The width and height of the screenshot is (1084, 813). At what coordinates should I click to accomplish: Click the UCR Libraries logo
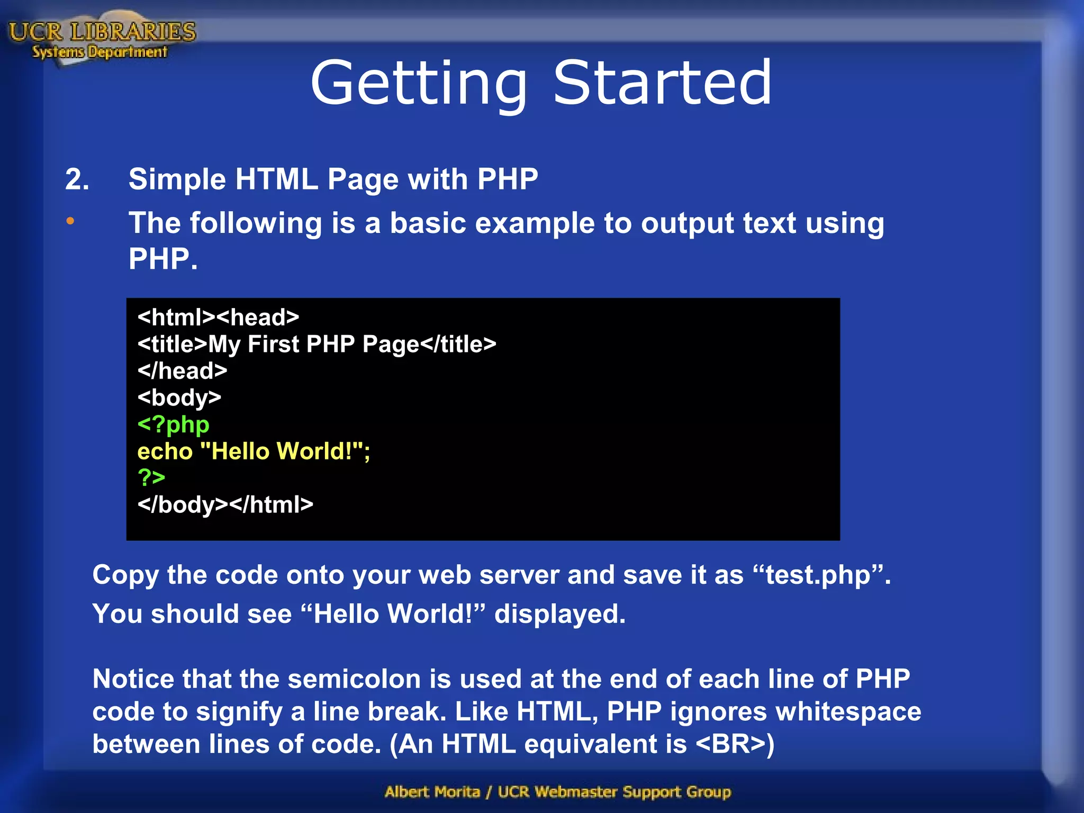coord(102,40)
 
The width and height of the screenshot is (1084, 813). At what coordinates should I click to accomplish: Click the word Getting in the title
coord(418,83)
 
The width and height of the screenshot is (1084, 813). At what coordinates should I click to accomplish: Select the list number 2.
coord(77,179)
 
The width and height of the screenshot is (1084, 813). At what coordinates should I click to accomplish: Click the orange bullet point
coord(70,221)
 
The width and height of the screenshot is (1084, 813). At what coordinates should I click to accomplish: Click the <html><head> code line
coord(218,318)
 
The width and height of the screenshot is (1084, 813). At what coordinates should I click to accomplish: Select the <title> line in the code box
coord(317,345)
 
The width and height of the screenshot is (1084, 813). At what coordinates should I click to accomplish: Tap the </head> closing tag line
coord(182,371)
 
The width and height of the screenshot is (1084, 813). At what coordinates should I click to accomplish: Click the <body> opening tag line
coord(179,398)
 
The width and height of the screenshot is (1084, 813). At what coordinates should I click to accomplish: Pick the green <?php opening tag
coord(173,424)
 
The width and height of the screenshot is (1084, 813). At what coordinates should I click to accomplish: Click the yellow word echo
coord(165,451)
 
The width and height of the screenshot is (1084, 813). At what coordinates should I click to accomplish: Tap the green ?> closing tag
coord(151,477)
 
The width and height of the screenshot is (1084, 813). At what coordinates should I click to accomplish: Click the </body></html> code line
coord(225,505)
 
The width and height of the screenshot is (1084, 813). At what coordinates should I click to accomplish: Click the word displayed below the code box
coord(559,615)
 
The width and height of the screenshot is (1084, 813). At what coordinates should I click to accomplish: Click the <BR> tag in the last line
coord(730,744)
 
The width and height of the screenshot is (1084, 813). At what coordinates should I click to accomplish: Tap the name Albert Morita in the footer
coord(432,792)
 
